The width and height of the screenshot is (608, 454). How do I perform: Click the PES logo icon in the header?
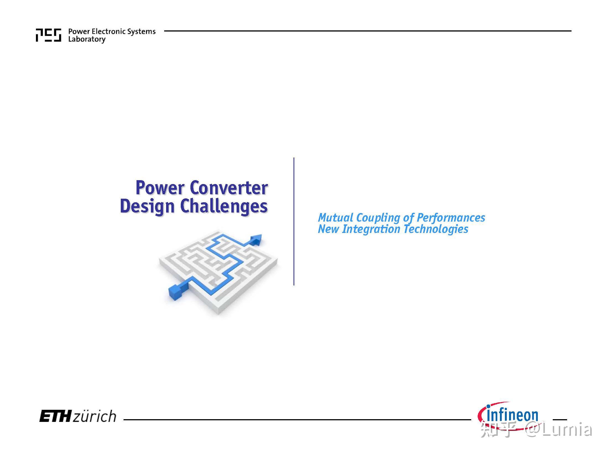[x=48, y=35]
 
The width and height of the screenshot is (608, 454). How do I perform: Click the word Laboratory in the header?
[x=87, y=39]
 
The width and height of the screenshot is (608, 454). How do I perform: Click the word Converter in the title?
[x=229, y=188]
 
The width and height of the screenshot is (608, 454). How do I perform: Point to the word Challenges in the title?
[x=224, y=206]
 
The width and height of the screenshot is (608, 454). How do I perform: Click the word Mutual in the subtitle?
[x=335, y=218]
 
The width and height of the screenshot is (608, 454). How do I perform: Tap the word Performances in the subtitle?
[x=450, y=218]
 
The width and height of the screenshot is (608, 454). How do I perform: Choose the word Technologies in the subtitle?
[x=436, y=229]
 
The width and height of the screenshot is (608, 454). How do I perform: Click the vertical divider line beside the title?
[x=294, y=221]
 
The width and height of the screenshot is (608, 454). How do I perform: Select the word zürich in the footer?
[x=94, y=416]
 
